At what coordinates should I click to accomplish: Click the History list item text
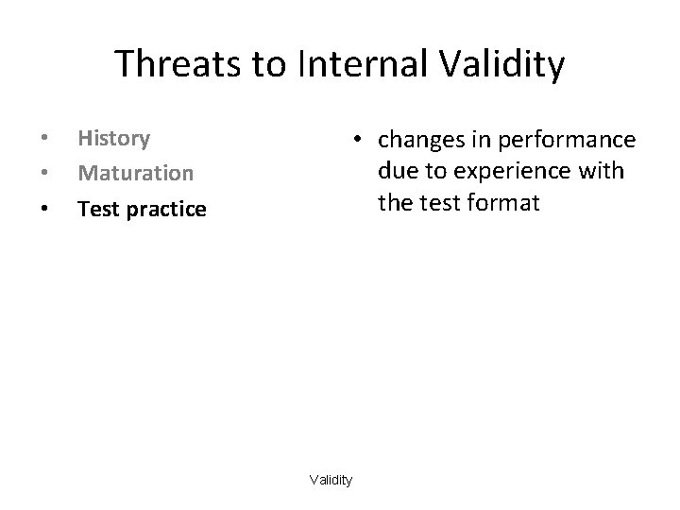[113, 139]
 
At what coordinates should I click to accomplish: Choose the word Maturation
[135, 174]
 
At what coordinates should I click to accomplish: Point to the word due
[398, 171]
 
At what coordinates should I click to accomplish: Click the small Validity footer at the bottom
[331, 481]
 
